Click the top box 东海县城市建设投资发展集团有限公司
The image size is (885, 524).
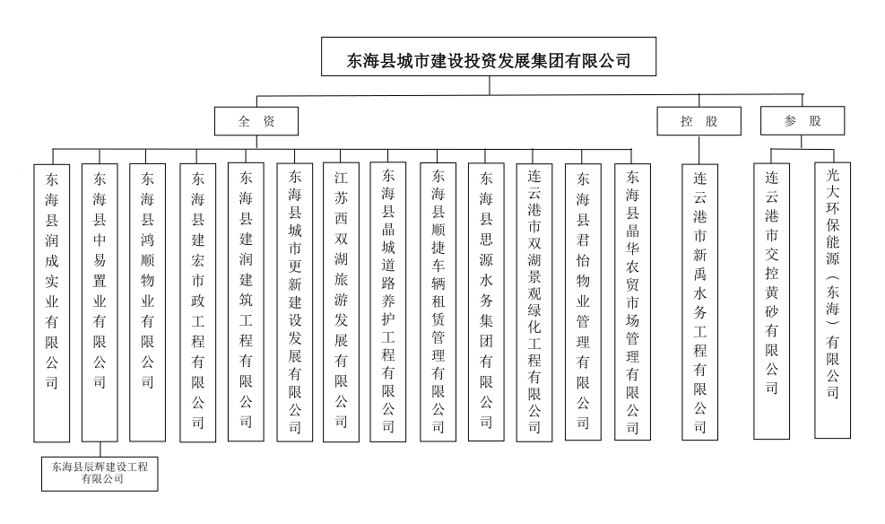pos(489,60)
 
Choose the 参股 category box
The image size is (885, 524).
pos(802,121)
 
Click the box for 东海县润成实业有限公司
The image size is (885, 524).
pos(51,301)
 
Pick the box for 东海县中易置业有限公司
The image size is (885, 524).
pos(100,301)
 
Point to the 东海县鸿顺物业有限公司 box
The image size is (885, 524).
pos(148,301)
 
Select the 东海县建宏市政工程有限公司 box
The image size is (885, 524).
pos(198,301)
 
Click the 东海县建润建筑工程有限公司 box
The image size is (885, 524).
pos(246,301)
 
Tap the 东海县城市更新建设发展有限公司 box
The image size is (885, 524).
pos(295,301)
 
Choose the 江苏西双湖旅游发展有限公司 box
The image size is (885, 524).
pos(342,301)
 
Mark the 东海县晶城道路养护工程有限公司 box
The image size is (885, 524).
pos(389,301)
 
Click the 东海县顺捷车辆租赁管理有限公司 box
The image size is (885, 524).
pos(438,301)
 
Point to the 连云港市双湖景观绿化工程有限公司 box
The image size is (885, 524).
pos(534,301)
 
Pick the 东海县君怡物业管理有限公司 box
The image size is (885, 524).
pos(583,301)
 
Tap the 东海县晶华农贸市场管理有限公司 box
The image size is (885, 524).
pos(632,301)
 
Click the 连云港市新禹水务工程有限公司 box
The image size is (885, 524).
pos(700,301)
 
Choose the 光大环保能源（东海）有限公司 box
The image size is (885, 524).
pos(833,301)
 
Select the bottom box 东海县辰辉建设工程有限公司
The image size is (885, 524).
pos(100,473)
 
